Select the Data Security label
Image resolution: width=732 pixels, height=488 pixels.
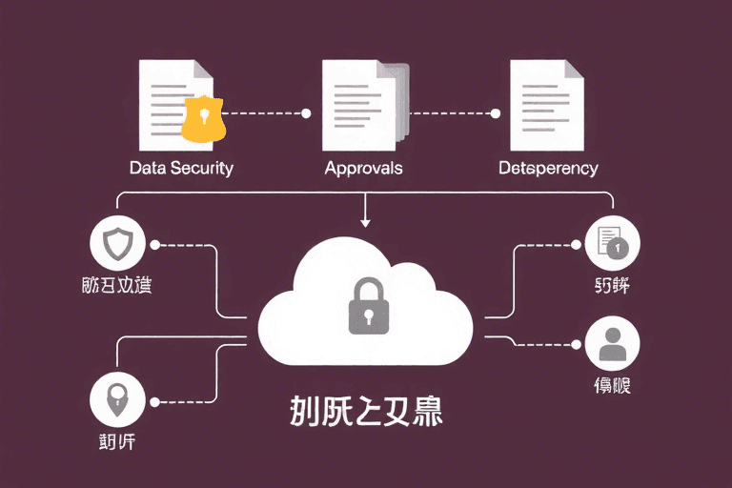181,168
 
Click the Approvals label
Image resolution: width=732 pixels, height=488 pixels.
363,168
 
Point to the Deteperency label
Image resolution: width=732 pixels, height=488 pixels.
548,168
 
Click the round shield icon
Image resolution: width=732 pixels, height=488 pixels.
116,245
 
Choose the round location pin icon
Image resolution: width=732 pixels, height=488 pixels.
116,400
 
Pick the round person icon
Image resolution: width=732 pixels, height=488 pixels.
612,342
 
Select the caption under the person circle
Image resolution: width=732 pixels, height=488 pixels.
612,386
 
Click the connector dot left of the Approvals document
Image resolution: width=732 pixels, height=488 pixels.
306,113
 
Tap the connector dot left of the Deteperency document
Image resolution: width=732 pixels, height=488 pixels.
495,113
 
